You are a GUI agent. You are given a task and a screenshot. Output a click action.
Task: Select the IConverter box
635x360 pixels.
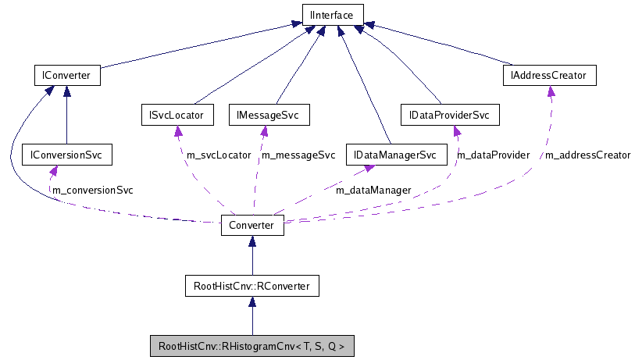point(68,76)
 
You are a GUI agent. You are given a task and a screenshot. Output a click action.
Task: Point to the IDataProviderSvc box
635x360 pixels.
point(449,116)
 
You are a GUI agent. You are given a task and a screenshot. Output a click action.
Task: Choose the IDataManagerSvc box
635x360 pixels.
point(394,155)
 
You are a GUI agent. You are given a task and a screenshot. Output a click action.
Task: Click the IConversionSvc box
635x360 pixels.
point(66,155)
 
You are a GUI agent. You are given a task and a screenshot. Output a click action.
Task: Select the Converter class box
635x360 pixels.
point(252,225)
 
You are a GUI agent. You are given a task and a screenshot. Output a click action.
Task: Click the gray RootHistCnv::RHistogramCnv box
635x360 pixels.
point(252,345)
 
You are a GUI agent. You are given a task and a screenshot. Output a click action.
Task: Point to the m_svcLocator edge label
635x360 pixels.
point(219,155)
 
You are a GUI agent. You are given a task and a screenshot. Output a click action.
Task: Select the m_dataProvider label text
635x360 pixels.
point(493,155)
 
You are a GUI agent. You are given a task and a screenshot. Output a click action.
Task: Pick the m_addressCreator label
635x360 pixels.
point(587,155)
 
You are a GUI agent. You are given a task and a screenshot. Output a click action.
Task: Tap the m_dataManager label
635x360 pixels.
point(373,189)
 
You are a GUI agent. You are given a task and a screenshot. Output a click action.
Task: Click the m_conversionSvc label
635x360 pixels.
point(92,190)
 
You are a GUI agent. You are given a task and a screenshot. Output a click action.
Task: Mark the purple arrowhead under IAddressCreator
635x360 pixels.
point(551,91)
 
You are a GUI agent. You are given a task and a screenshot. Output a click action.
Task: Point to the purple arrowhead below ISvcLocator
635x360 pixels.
point(177,130)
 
